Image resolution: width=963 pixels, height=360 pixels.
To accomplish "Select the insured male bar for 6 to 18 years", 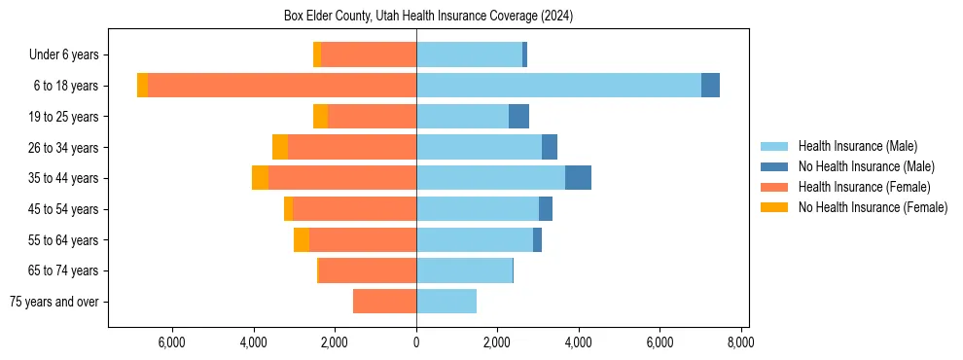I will pos(558,86).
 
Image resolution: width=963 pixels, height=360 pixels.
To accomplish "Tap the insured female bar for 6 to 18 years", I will pos(282,86).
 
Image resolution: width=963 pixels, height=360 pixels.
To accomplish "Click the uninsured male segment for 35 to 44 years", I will pos(578,178).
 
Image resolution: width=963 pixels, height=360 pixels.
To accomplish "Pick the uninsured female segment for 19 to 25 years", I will pos(320,117).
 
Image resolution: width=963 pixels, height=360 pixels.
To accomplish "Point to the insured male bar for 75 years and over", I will pos(446,302).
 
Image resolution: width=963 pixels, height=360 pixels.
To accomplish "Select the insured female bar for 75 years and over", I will pos(384,302).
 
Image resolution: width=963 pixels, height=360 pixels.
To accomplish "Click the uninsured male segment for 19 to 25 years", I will pos(518,117).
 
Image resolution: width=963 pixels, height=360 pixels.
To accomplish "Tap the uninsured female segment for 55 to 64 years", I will pos(302,240).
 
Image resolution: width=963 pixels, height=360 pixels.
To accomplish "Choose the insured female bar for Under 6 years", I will pos(369,54).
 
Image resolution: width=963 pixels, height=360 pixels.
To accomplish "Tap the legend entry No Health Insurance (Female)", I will pos(872,207).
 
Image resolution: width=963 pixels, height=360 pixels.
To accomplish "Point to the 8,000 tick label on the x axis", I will pos(740,342).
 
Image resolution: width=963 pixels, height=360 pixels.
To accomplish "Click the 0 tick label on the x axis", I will pos(416,342).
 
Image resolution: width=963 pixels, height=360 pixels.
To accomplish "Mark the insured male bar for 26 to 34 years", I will pos(479,147).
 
